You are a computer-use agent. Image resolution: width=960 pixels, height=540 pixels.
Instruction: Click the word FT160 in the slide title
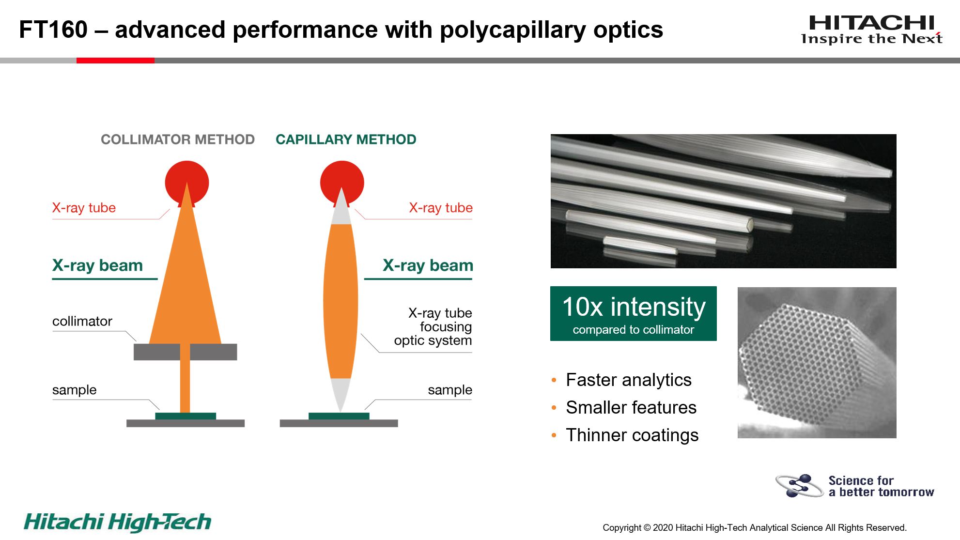point(53,30)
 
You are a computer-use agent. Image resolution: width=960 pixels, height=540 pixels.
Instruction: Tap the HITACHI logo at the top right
point(872,30)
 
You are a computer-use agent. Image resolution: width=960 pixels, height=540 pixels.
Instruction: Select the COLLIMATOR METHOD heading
point(178,139)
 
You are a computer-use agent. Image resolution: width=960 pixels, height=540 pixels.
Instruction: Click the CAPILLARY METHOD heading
point(346,139)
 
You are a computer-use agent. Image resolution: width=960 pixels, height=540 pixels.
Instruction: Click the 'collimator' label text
point(82,321)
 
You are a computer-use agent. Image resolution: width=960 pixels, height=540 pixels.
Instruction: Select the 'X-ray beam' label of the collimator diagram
point(97,265)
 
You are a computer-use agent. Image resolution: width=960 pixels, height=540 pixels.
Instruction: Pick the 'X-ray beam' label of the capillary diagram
point(428,265)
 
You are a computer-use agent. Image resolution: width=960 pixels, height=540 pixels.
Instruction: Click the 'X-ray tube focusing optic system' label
point(433,326)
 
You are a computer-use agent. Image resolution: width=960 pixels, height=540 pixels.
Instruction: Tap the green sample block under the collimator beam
point(186,416)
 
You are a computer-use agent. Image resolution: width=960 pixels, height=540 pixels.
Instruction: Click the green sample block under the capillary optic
point(339,416)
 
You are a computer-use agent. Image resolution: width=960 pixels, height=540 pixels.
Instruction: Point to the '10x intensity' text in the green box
point(634,307)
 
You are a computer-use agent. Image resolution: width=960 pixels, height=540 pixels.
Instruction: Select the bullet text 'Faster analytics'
point(629,380)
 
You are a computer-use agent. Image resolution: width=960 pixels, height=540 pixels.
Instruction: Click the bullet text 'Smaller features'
point(631,408)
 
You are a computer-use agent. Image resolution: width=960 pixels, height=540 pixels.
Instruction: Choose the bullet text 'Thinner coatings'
point(632,435)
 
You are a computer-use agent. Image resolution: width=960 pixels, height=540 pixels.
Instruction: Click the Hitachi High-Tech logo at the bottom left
point(118,522)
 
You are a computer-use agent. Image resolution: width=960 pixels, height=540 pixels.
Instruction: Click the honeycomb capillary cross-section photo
point(817,363)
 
